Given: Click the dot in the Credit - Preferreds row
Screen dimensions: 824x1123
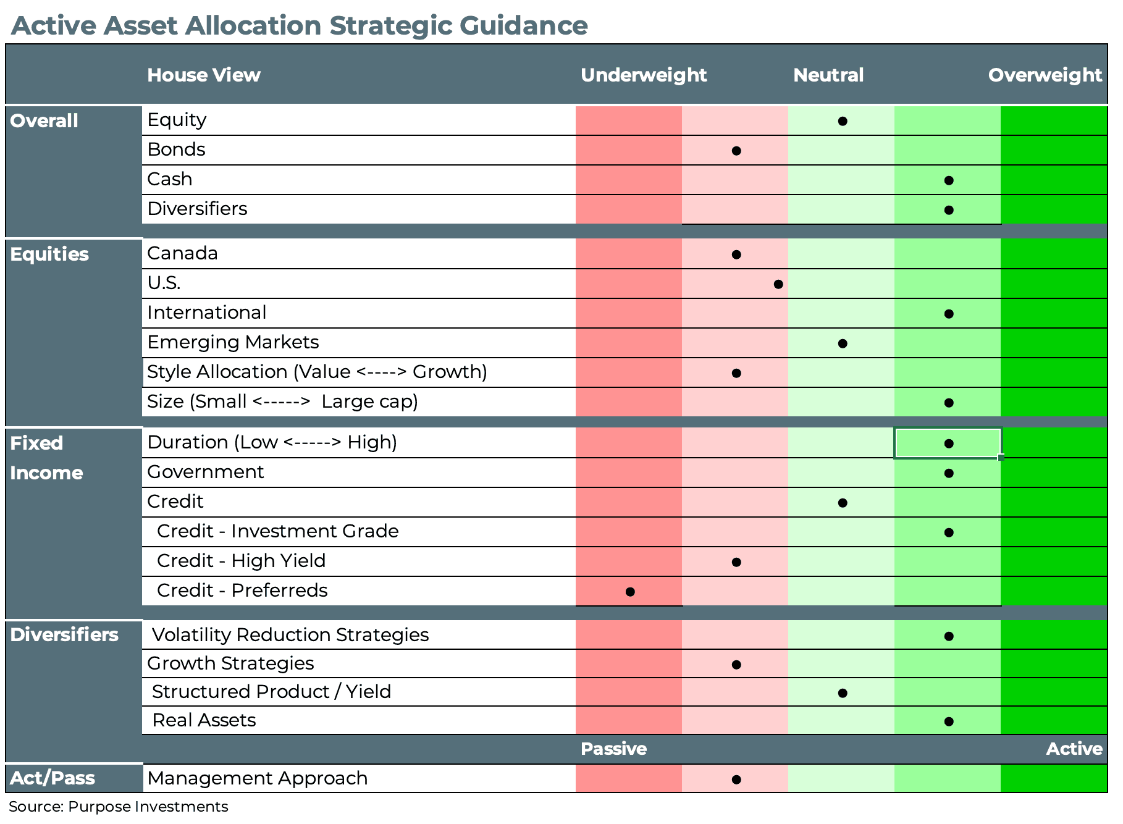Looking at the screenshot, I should tap(629, 592).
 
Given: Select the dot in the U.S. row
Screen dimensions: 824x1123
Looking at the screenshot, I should tap(778, 284).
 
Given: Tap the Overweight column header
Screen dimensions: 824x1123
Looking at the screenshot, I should tap(1045, 75).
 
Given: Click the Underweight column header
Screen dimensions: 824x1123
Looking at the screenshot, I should tap(643, 75).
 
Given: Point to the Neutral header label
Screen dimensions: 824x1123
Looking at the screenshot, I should tap(828, 75).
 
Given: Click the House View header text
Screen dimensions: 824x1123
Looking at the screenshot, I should tap(203, 75).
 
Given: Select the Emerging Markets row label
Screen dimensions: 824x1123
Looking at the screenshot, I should tap(233, 342).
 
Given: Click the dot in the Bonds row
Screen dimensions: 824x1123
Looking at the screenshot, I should tap(736, 151).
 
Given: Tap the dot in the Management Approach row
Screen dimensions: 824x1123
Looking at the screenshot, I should tap(736, 780).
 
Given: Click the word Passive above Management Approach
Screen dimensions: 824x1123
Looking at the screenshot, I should tap(613, 749).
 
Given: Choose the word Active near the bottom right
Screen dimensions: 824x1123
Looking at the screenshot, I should tap(1074, 749).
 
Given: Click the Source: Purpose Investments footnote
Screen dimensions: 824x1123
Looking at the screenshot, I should tap(118, 807).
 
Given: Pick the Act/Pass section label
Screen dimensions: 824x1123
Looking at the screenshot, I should tap(53, 778).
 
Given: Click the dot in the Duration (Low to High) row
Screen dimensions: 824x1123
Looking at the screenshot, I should tap(949, 444).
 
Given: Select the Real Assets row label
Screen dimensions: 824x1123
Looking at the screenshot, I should tap(204, 720).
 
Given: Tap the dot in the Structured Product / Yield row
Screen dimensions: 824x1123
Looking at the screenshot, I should tap(842, 693).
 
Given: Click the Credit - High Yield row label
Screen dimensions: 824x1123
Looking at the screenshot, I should tap(241, 561).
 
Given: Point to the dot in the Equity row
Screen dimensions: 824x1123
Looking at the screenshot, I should tap(842, 121).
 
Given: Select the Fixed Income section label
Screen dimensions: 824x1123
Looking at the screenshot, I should tap(46, 458).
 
